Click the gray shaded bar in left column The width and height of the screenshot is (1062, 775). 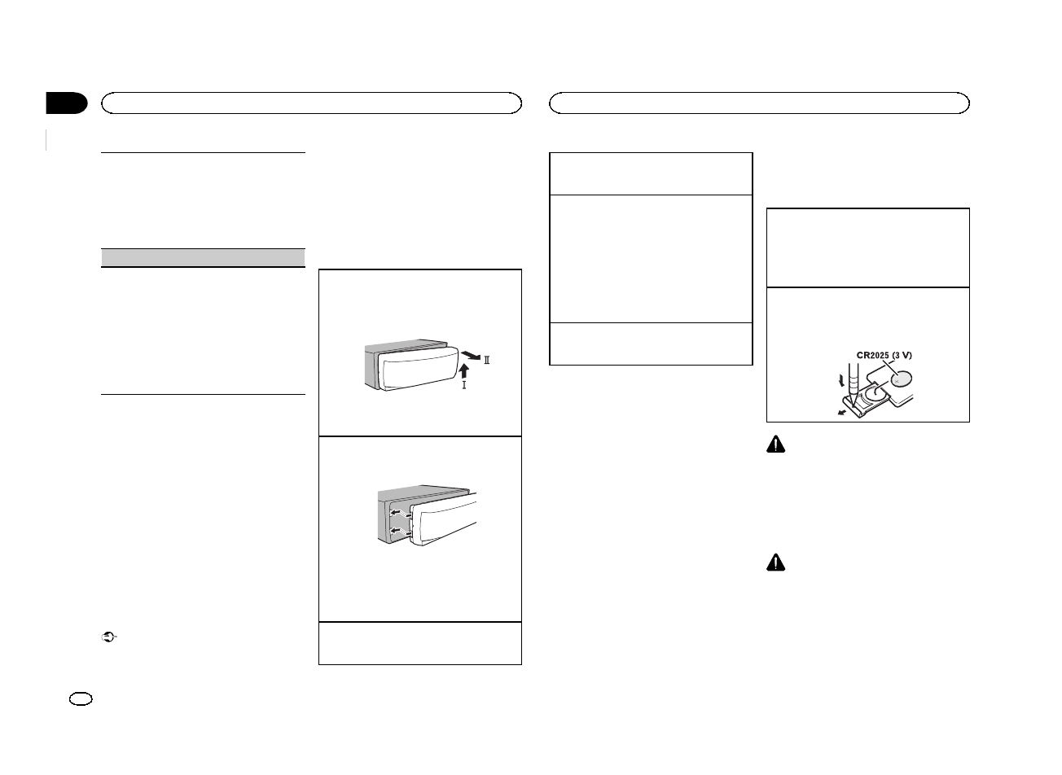click(203, 257)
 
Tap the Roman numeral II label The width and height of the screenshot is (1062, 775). click(487, 361)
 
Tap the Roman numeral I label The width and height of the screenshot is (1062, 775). click(464, 385)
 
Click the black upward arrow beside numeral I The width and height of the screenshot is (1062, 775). click(464, 371)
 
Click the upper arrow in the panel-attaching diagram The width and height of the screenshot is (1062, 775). click(399, 513)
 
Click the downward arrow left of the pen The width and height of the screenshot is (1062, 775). click(831, 380)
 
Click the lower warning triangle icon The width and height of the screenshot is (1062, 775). click(777, 563)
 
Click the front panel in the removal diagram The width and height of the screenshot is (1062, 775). click(415, 370)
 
